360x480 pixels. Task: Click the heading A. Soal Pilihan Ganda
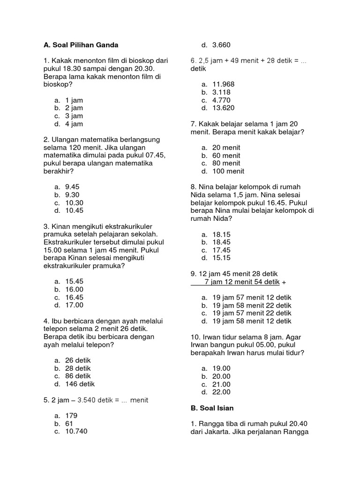click(81, 45)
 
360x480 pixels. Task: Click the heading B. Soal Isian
click(212, 408)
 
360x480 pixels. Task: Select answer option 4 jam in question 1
click(74, 124)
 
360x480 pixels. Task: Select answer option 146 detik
click(80, 384)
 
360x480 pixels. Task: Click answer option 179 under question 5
click(71, 415)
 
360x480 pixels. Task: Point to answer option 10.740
click(76, 431)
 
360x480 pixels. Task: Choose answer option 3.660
click(221, 45)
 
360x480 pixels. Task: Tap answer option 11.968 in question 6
click(223, 84)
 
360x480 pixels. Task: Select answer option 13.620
click(223, 108)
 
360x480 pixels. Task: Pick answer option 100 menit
click(228, 171)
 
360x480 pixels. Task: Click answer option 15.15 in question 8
click(221, 258)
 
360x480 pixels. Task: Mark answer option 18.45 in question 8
click(221, 242)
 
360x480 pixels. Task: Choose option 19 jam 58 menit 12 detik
click(252, 321)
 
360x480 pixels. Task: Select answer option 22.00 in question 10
click(221, 392)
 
